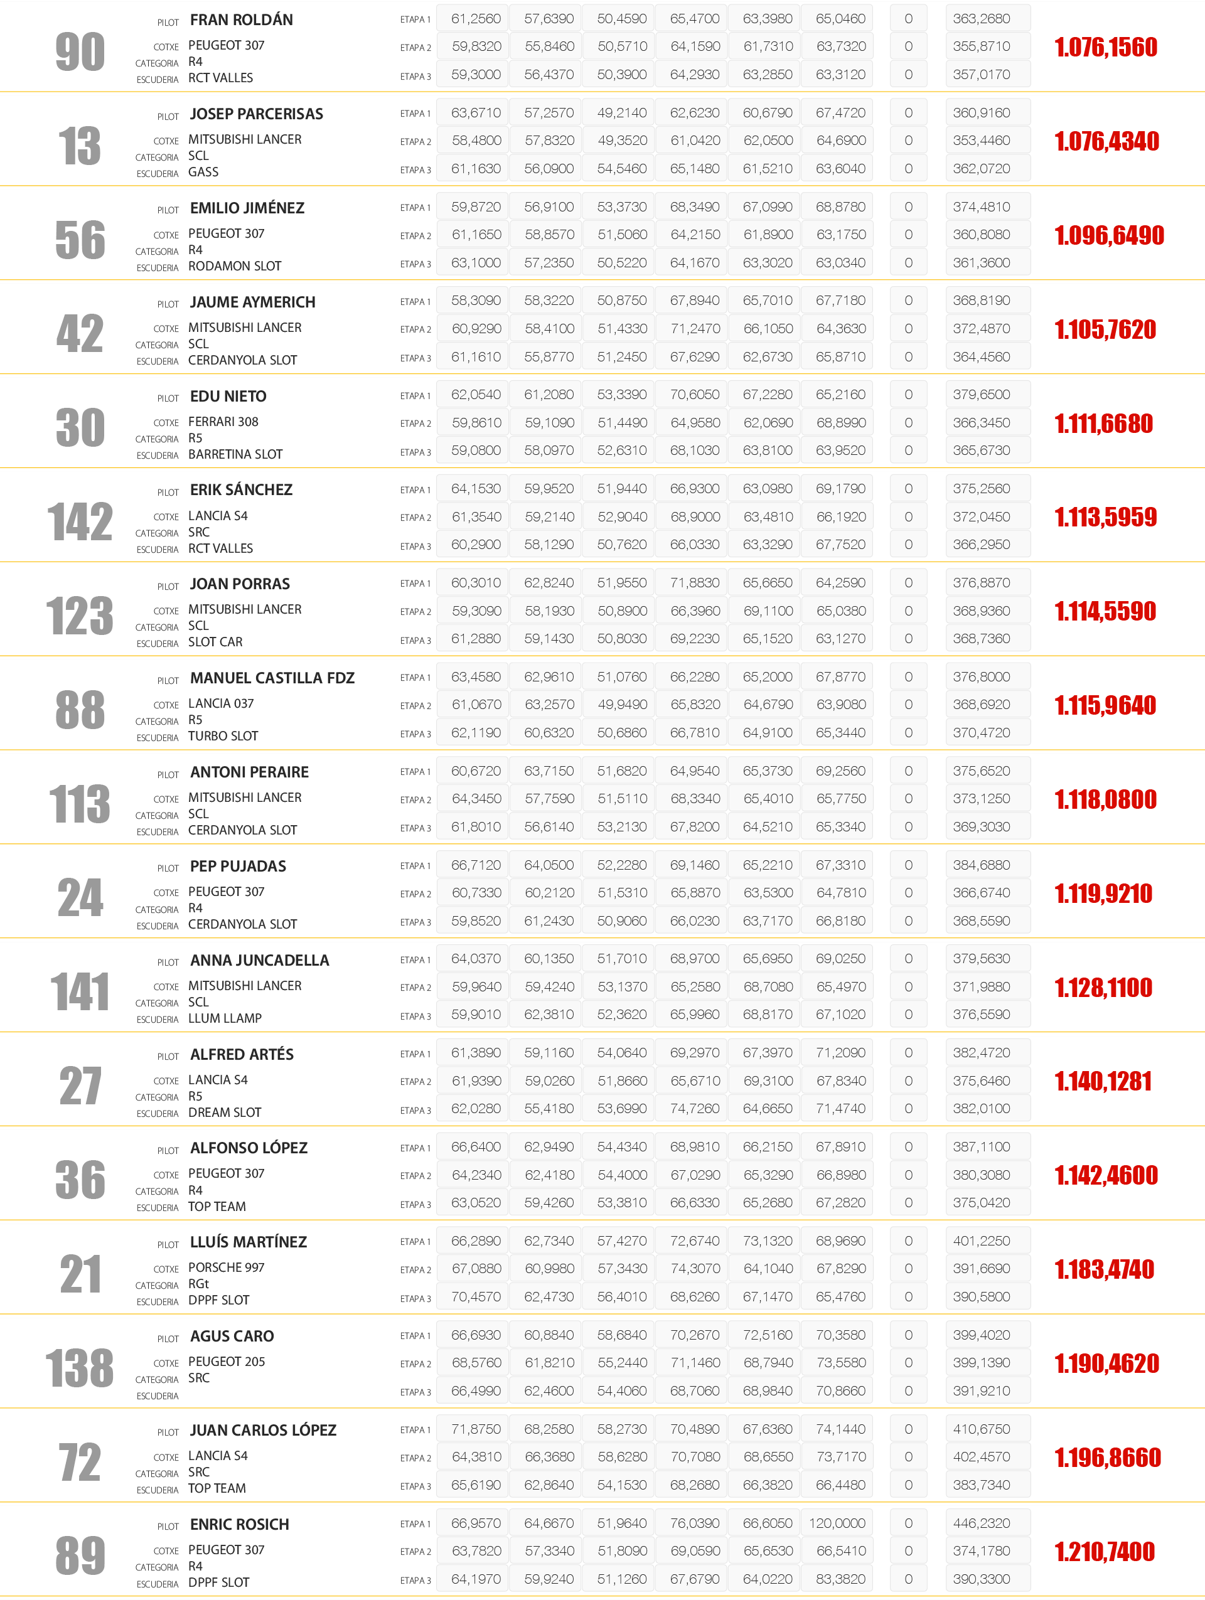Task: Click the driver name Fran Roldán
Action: tap(241, 19)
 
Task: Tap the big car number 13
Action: tap(80, 146)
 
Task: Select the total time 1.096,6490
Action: tap(1109, 235)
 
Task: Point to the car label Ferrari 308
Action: tap(223, 422)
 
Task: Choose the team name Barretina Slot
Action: tap(235, 454)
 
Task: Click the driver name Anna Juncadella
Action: tap(259, 960)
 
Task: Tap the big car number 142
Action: tap(80, 521)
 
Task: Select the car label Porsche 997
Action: tap(227, 1267)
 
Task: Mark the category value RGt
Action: tap(198, 1284)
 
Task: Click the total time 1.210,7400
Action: tap(1105, 1552)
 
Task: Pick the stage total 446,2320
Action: tap(981, 1523)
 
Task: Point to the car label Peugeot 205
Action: tap(227, 1362)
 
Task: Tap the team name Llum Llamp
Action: tap(225, 1018)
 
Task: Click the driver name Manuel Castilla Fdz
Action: tap(272, 678)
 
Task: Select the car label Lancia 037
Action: tap(221, 703)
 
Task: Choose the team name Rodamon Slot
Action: tap(234, 266)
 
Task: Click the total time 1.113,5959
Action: tap(1105, 517)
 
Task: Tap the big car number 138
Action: tap(80, 1368)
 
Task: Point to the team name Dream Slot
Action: tap(224, 1112)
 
